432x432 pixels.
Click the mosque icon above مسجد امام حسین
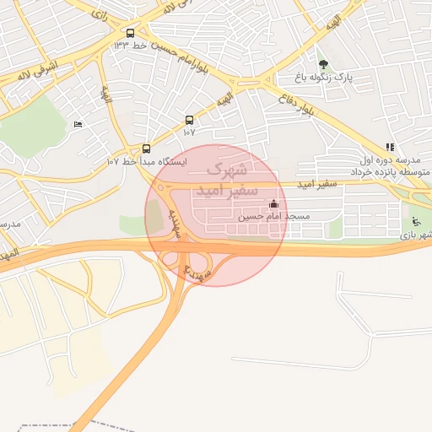(x=273, y=204)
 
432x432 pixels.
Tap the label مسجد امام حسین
(x=273, y=217)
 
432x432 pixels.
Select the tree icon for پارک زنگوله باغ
(x=323, y=65)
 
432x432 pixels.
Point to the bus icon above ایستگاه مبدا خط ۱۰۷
(x=147, y=148)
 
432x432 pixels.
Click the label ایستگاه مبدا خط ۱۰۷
(x=147, y=160)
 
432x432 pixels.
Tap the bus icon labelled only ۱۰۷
(x=189, y=120)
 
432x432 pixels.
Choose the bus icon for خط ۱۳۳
(x=129, y=34)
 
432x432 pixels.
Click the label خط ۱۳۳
(x=130, y=45)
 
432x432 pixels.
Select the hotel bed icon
(x=78, y=125)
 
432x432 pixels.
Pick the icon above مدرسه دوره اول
(x=389, y=147)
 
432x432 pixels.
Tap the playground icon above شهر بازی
(x=414, y=222)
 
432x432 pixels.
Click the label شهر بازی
(x=417, y=233)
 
